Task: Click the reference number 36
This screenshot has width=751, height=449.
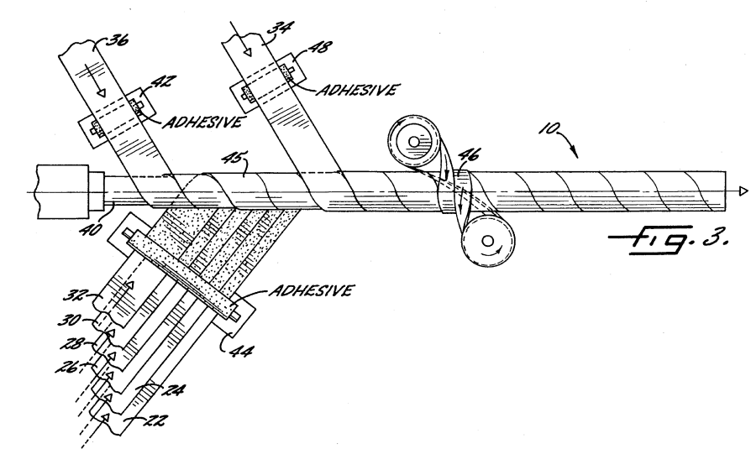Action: [x=117, y=39]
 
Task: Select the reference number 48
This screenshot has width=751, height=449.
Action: [x=320, y=47]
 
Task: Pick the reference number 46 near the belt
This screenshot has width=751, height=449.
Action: [x=469, y=155]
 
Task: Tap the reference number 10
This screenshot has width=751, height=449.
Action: [x=549, y=128]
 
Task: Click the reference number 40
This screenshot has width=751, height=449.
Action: [x=90, y=229]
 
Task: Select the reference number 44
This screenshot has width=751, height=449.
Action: [x=241, y=351]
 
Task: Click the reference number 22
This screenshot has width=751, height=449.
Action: [x=155, y=420]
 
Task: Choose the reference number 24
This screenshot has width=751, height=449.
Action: [x=173, y=390]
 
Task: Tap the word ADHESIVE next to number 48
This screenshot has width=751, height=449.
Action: [x=357, y=90]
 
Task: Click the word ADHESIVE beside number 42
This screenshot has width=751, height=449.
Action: [x=202, y=123]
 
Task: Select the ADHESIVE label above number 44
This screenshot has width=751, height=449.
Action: [x=312, y=290]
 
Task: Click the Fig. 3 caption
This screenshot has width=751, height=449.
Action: [x=668, y=238]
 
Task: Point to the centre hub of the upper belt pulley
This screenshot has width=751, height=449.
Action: [x=413, y=142]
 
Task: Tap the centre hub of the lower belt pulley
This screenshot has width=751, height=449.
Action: [x=487, y=240]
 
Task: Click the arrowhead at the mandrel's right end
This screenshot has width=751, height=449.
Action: [x=743, y=191]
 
